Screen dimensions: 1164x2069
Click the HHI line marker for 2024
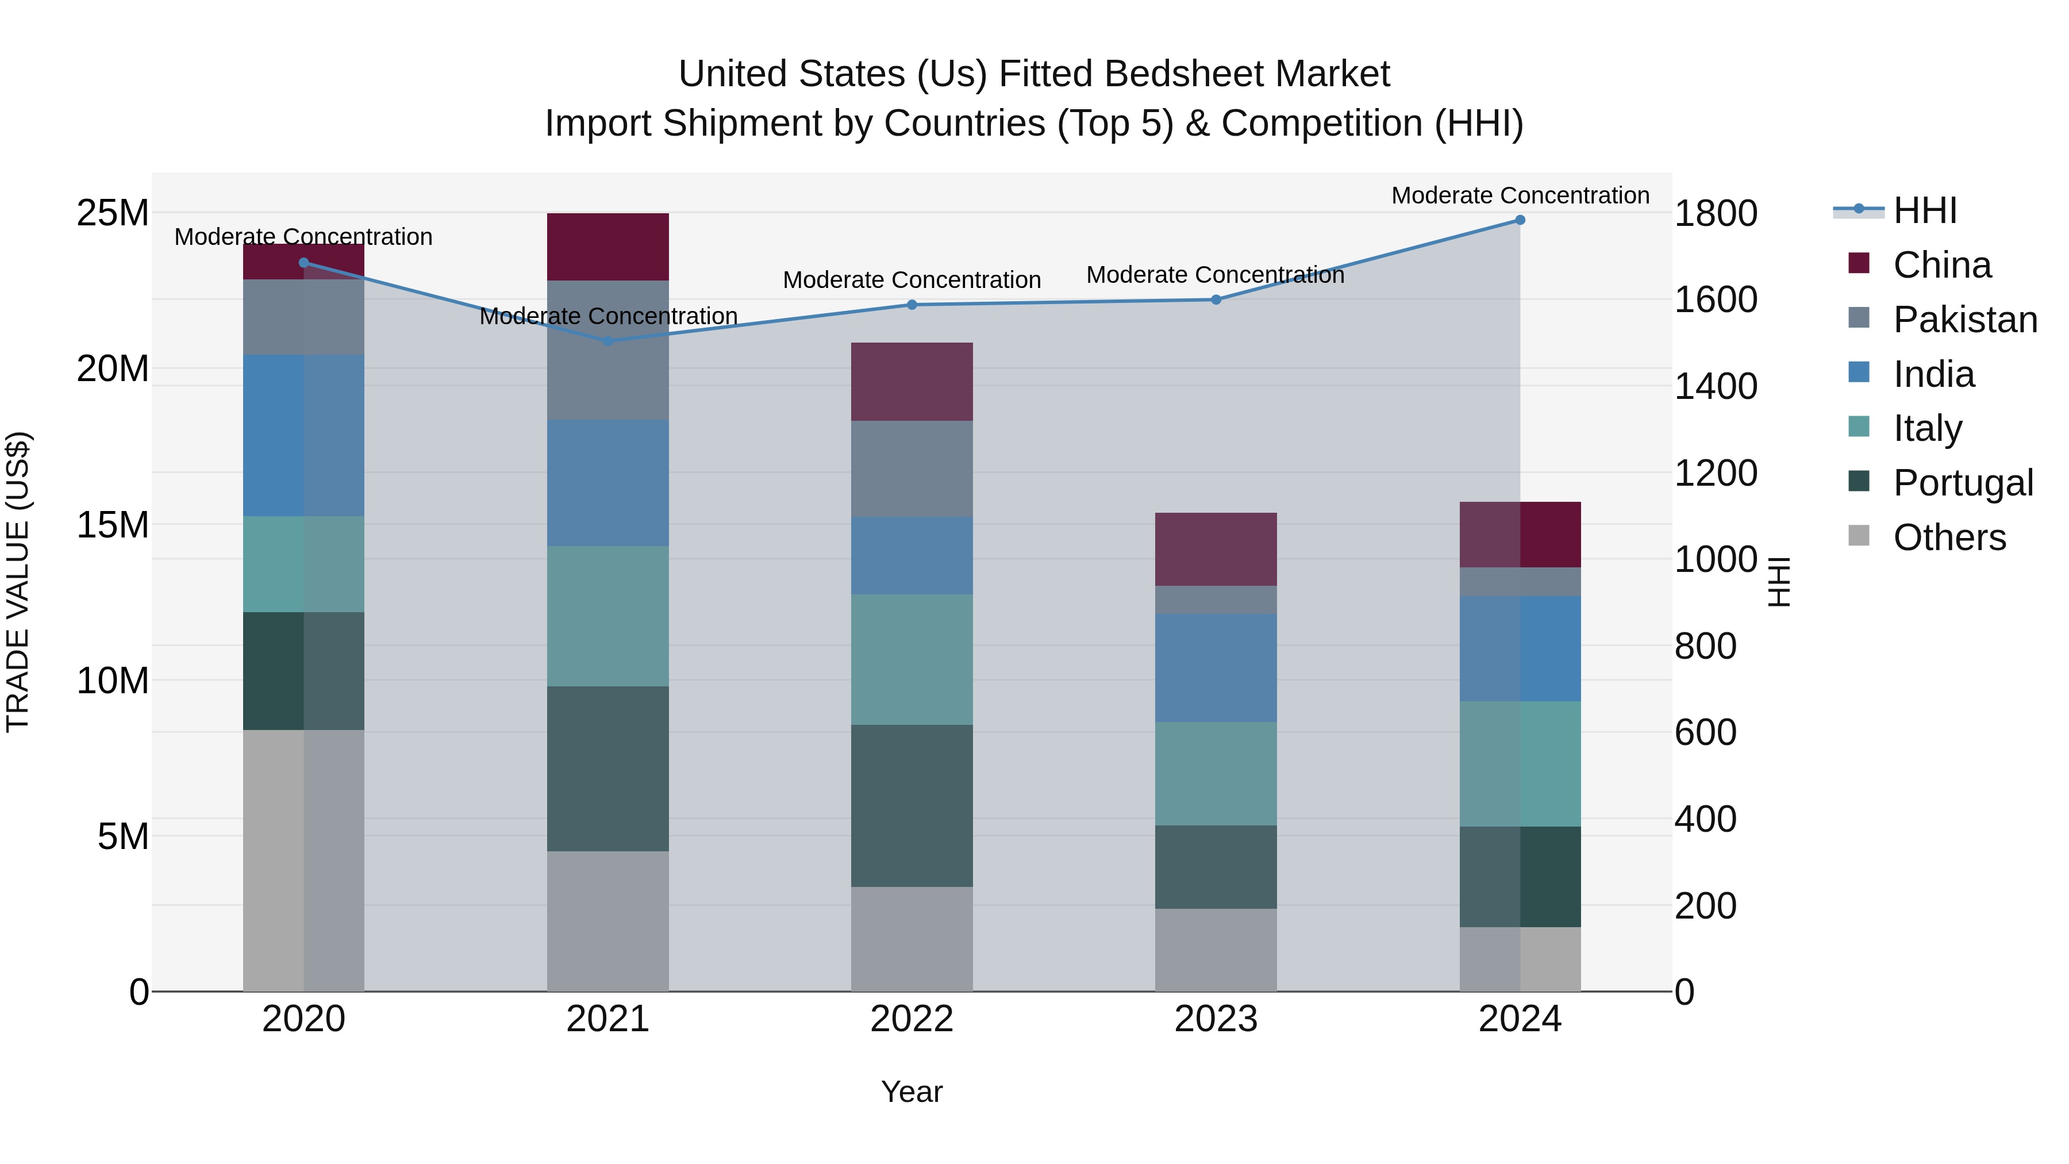[1520, 220]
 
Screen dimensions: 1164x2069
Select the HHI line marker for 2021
[608, 341]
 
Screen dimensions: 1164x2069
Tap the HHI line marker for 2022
[912, 305]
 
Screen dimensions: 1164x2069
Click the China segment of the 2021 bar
[608, 247]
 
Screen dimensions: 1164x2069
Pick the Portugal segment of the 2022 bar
[912, 806]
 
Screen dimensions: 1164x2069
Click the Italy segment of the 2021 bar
[608, 616]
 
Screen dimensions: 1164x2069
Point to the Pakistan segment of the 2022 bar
[912, 469]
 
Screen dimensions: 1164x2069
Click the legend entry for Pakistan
[1964, 320]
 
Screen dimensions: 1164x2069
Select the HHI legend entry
[1924, 210]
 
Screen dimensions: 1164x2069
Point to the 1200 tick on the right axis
[1716, 473]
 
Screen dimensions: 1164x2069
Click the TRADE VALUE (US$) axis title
[18, 582]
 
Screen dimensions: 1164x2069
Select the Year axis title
[912, 1092]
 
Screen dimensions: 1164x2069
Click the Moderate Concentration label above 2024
[1520, 195]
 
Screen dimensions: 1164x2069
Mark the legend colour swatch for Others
[1859, 536]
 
